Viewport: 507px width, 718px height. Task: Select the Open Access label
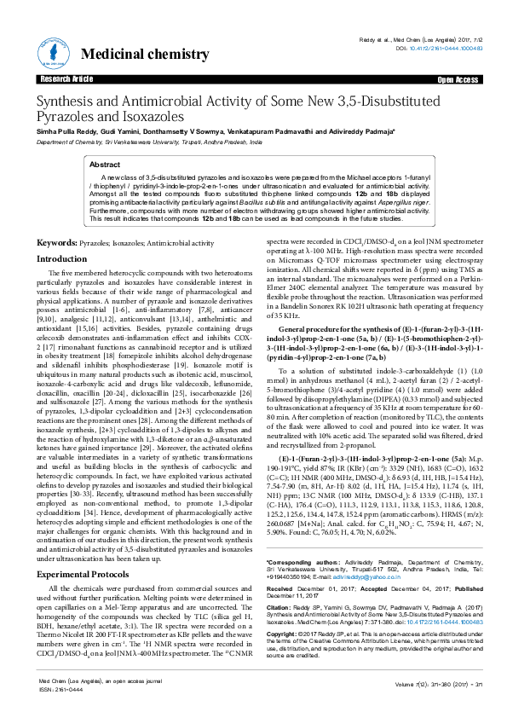click(x=458, y=79)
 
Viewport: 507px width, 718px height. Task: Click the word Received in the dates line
click(x=282, y=589)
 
